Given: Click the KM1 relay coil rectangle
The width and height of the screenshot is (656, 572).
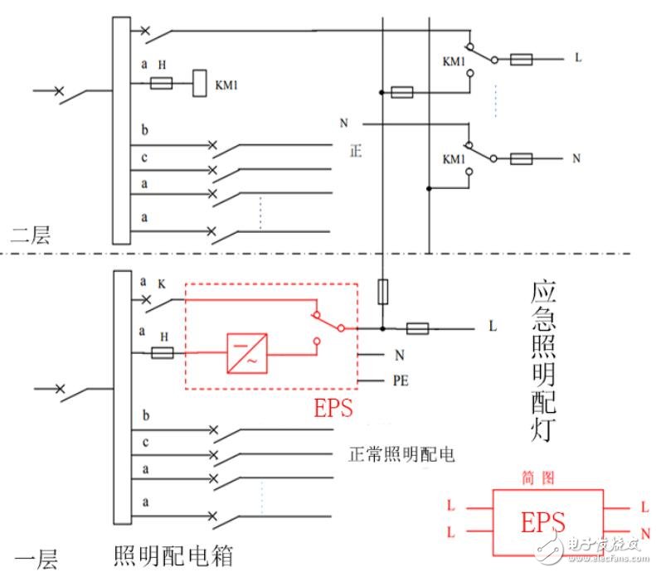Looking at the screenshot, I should click(199, 84).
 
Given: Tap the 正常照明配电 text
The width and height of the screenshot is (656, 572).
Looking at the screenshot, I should click(402, 454).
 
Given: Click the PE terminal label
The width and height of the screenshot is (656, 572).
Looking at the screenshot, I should click(400, 382).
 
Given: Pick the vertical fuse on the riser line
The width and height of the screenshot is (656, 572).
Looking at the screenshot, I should click(382, 291).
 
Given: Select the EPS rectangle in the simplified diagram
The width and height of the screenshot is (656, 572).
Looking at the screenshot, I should click(543, 521).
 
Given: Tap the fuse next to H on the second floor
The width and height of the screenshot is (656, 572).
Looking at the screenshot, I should click(161, 83).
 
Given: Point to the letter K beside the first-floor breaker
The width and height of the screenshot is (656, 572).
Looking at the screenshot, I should click(161, 283).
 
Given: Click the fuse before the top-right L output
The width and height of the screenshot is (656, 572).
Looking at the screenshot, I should click(521, 59).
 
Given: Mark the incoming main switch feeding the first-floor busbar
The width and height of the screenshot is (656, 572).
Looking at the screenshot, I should click(70, 390).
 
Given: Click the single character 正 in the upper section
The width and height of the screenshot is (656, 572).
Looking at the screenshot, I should click(357, 152).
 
